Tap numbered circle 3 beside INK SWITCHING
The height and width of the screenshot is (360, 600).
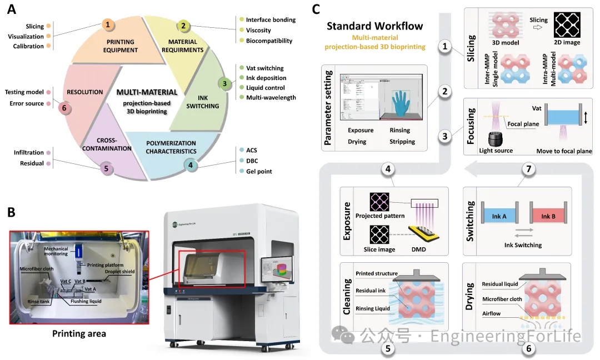[224, 84]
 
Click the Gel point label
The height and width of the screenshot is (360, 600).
[260, 172]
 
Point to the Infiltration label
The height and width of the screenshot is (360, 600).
[29, 153]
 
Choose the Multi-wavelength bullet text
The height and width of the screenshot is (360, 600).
[271, 98]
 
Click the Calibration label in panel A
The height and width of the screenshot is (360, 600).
[28, 46]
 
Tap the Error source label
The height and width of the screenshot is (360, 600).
[27, 103]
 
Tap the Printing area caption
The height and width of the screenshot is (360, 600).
[79, 334]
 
